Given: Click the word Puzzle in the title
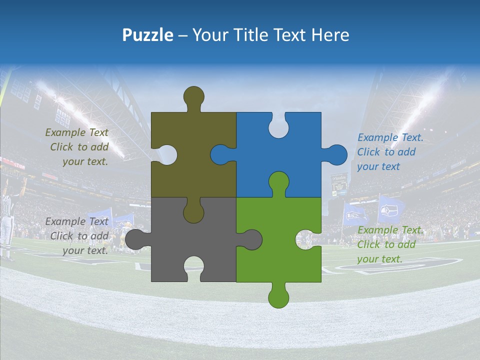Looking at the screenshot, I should tap(148, 35).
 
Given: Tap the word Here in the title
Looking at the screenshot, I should tap(330, 35).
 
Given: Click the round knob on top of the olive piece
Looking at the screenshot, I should tap(194, 97).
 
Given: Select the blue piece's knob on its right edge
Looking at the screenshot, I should tap(336, 154).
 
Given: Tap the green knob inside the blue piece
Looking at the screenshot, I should tap(278, 182).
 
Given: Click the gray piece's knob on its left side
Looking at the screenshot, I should tap(136, 239).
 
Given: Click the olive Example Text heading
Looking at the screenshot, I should tap(76, 132).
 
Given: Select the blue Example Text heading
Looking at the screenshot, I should tap(390, 137).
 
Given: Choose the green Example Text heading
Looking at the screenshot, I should tap(390, 230).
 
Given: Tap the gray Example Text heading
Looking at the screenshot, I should tap(76, 221).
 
